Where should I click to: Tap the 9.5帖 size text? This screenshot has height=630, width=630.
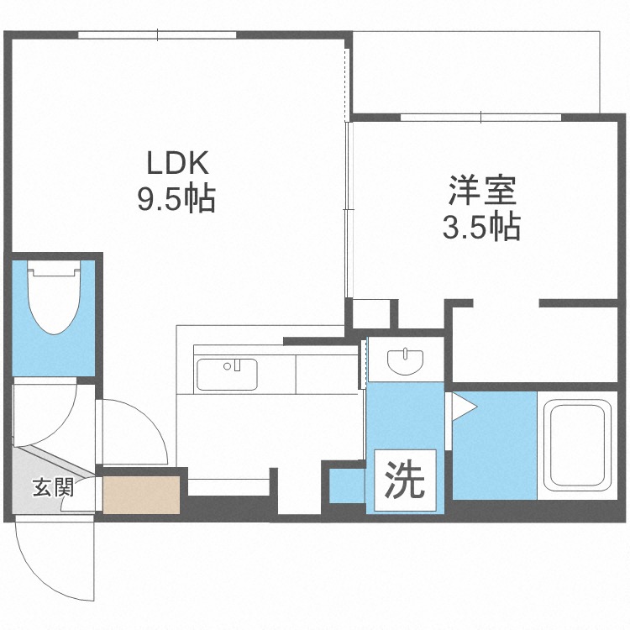(x=177, y=199)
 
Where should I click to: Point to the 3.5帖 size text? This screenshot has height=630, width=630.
(x=481, y=227)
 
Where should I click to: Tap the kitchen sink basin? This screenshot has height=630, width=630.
(x=227, y=374)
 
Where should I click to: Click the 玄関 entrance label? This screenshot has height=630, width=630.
(x=53, y=487)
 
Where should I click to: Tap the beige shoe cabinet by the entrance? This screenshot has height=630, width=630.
(x=141, y=495)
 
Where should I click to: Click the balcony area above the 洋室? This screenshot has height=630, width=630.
(x=475, y=71)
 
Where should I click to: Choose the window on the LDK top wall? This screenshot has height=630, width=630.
(x=158, y=34)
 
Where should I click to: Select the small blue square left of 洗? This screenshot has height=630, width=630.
(x=345, y=487)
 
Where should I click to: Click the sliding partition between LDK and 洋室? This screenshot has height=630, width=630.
(x=348, y=210)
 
